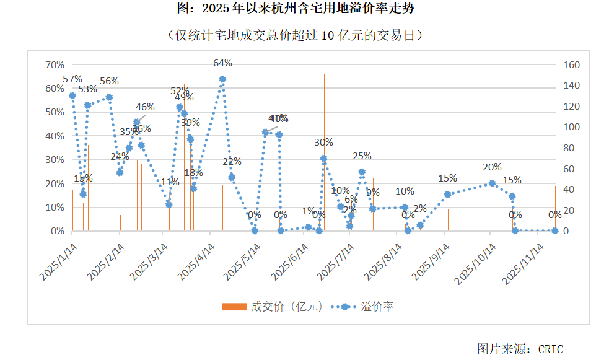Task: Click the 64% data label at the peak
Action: [x=222, y=63]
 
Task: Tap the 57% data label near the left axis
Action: [x=72, y=79]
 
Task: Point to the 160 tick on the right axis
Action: [x=571, y=64]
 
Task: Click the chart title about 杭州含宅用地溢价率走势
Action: [x=304, y=9]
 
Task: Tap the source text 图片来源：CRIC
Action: [x=520, y=349]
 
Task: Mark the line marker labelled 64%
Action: [x=222, y=79]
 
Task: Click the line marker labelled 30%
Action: [x=323, y=159]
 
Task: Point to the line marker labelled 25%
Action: [x=362, y=172]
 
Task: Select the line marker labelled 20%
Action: [x=492, y=183]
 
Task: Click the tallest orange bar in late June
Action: [x=324, y=155]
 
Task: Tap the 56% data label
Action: [x=109, y=81]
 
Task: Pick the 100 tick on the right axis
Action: [x=571, y=127]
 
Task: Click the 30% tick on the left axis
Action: [x=55, y=159]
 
